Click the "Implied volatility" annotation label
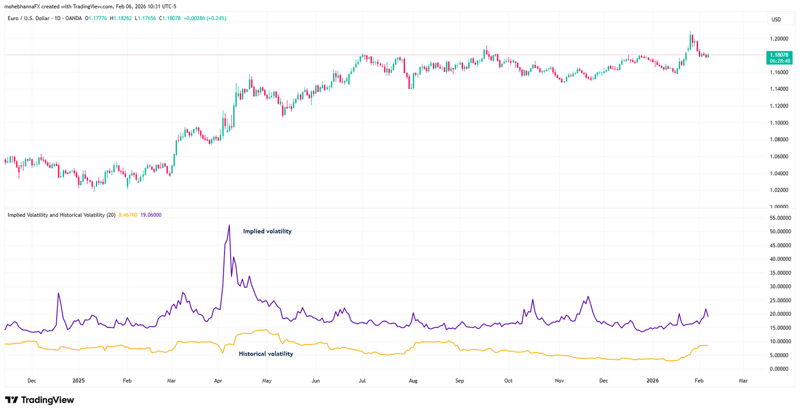point(267,232)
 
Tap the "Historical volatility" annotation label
point(266,354)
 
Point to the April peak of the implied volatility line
point(229,225)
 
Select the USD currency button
point(776,19)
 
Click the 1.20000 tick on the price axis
point(779,39)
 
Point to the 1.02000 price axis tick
point(779,190)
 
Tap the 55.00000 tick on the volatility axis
point(779,219)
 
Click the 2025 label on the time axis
point(78,380)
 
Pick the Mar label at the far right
point(743,380)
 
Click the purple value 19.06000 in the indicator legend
point(151,215)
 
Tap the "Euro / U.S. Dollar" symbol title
point(29,18)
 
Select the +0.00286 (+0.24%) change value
point(205,18)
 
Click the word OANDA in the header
point(74,18)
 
